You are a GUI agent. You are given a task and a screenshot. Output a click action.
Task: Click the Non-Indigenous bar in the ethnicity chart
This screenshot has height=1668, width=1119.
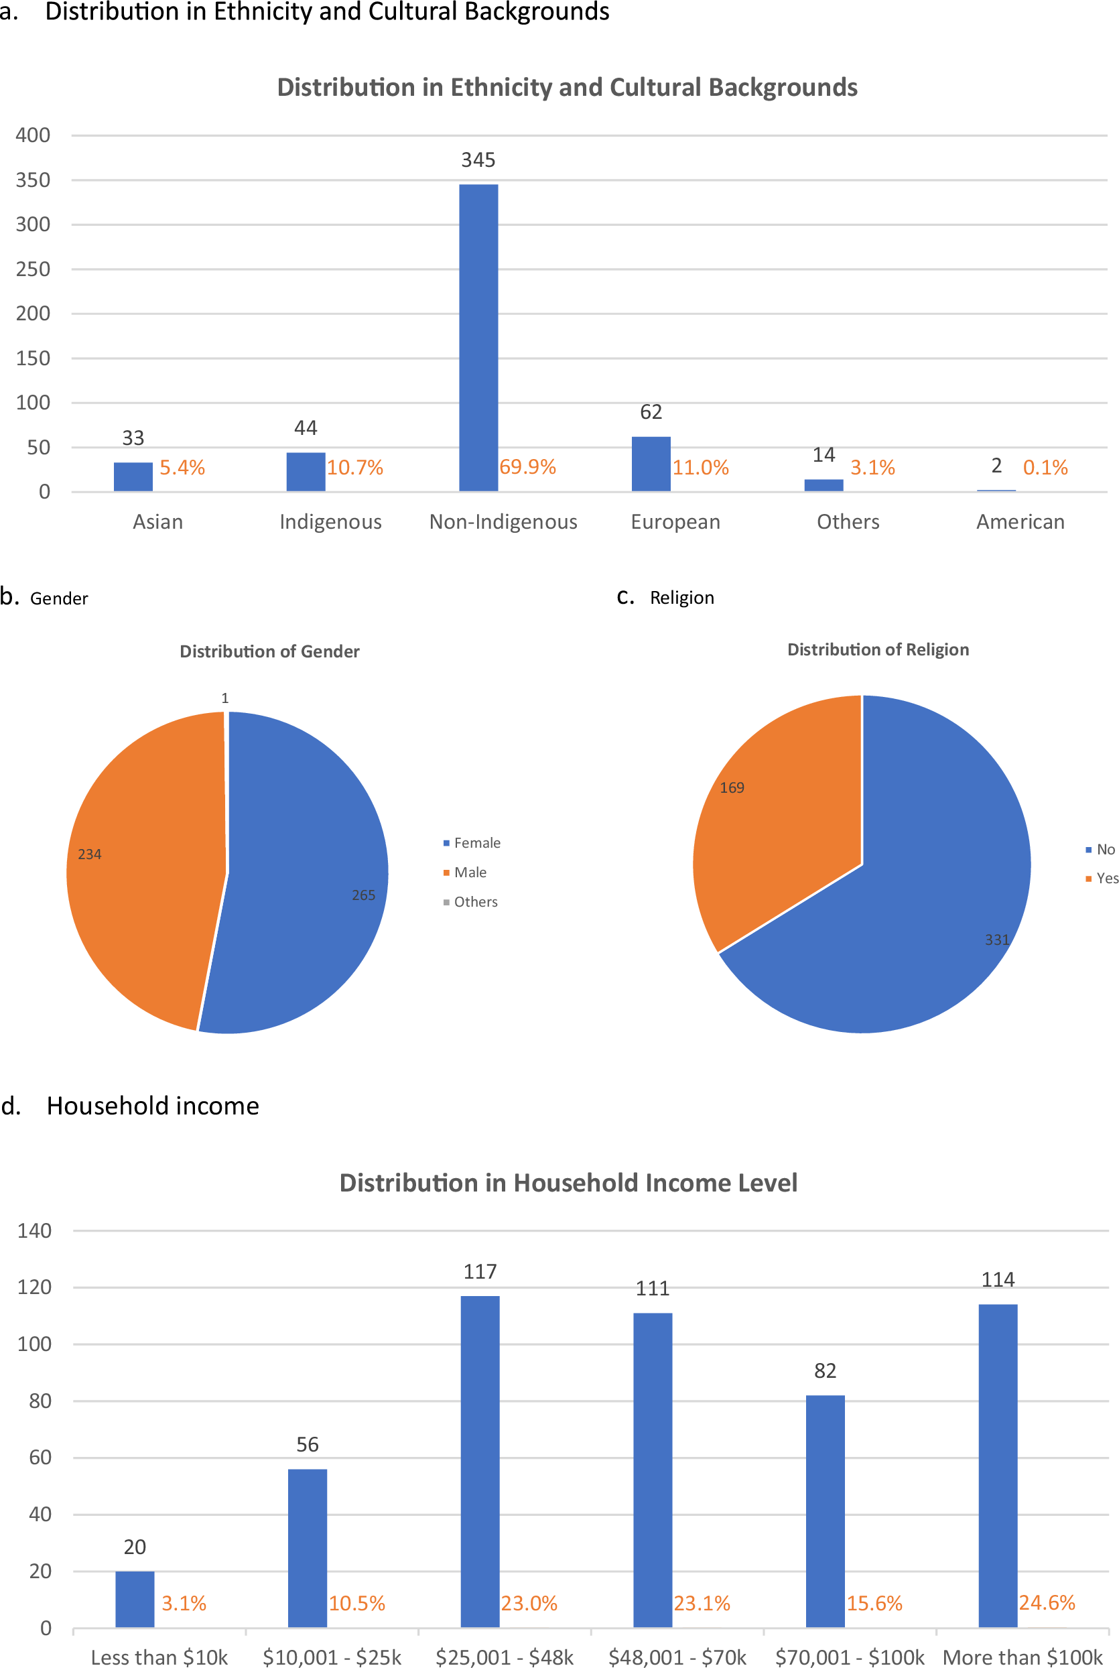coord(478,338)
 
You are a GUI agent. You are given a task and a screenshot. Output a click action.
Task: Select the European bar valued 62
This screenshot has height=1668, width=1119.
coord(651,464)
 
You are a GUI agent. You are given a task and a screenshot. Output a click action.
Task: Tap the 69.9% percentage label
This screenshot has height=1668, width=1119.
coord(527,467)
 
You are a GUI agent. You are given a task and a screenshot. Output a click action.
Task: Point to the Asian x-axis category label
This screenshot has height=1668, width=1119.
coord(157,522)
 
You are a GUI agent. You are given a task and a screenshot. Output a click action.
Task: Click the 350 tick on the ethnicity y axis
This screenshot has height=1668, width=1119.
coord(33,180)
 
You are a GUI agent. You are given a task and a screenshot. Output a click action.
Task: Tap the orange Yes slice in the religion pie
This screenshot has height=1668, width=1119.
coord(778,806)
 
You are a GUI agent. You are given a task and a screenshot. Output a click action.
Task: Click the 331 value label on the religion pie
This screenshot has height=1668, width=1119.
coord(997,940)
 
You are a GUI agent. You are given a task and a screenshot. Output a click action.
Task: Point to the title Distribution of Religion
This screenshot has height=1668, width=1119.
coord(878,649)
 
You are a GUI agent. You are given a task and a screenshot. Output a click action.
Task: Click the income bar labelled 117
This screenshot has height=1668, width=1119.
coord(480,1461)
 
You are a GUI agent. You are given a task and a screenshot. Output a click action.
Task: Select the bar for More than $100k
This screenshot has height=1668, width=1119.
coord(998,1466)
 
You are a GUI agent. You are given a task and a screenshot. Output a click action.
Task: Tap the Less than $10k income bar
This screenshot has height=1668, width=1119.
coord(135,1599)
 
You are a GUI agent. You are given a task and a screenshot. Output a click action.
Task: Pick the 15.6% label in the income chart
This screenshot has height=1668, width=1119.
coord(874,1603)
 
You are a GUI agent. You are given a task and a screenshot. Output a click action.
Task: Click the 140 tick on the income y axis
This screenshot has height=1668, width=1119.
coord(34,1230)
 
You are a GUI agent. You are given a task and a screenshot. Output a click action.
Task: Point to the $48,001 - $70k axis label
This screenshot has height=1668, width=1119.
coord(677,1657)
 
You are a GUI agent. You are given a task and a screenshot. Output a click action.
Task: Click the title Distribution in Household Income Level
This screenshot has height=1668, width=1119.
coord(568,1183)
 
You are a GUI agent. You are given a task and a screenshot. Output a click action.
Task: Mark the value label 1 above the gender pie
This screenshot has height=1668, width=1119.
coord(224,698)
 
